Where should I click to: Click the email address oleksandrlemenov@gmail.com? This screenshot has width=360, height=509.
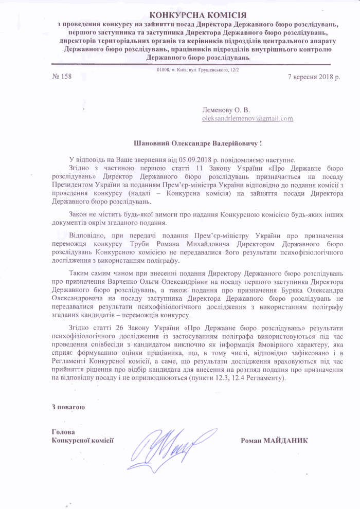tap(247, 118)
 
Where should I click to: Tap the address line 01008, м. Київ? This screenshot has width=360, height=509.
tap(198, 69)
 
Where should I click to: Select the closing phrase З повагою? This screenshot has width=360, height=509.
tap(68, 407)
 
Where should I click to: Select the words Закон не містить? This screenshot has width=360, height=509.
tap(93, 213)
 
